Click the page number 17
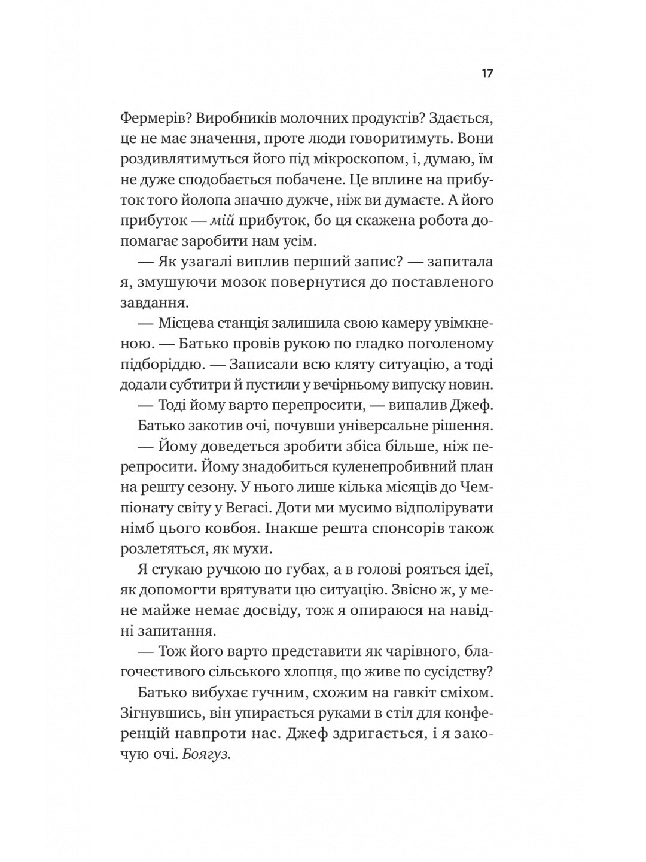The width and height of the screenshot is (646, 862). pyautogui.click(x=486, y=74)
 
